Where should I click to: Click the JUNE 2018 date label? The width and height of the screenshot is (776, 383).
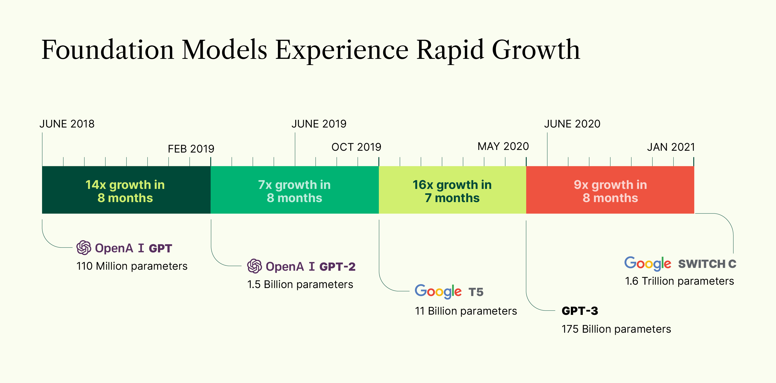(67, 124)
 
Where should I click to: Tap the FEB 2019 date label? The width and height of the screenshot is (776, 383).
(191, 149)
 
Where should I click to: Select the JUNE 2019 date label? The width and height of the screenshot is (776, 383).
(319, 124)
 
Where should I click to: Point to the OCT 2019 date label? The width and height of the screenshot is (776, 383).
(356, 147)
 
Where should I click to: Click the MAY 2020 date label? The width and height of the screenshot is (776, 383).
(503, 146)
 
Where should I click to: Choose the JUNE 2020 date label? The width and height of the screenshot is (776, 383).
(572, 124)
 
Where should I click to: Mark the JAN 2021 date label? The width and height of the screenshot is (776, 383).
(670, 147)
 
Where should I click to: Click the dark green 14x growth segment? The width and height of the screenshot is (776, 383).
(126, 190)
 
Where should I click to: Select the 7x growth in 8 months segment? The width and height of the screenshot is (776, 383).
(294, 190)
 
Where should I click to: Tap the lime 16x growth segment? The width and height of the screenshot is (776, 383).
(452, 190)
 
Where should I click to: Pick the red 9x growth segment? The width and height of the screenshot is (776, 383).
(610, 190)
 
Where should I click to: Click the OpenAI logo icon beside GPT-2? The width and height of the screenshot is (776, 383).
(254, 266)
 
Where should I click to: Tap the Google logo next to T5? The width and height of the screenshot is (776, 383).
(438, 291)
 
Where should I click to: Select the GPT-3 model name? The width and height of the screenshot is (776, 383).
(580, 311)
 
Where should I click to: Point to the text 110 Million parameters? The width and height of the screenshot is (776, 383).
(132, 266)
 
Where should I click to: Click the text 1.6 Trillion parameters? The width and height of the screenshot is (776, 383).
(679, 281)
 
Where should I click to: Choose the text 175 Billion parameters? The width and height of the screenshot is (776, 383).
(616, 329)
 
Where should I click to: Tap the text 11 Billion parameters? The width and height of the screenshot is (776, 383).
(465, 311)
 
